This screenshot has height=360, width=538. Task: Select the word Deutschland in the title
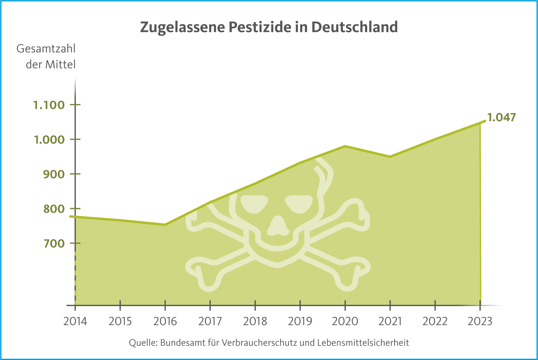click(354, 27)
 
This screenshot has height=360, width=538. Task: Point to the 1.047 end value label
click(501, 117)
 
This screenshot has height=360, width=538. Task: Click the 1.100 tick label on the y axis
click(49, 105)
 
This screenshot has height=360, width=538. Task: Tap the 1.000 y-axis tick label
click(49, 140)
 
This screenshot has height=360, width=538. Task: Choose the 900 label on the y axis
click(54, 174)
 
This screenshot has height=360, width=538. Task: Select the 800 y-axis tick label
click(54, 209)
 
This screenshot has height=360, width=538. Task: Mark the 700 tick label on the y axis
click(54, 243)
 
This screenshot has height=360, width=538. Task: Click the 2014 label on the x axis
click(75, 321)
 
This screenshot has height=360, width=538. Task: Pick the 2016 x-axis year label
click(165, 321)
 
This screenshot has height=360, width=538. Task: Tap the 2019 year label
click(300, 321)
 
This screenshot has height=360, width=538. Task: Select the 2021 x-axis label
click(390, 321)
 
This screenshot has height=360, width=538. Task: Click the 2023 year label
click(480, 321)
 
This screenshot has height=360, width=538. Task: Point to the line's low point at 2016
click(165, 225)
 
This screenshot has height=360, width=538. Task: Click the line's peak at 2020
click(345, 146)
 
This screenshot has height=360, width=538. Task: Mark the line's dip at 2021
click(390, 157)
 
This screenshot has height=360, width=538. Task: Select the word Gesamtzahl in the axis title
click(46, 49)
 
